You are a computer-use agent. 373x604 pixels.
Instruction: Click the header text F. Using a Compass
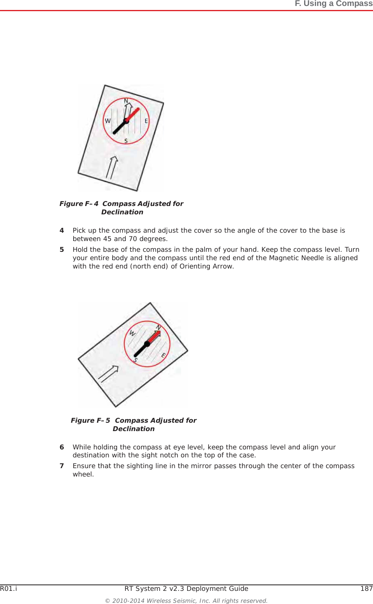click(333, 4)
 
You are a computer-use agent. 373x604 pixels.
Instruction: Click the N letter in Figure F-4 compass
click(126, 101)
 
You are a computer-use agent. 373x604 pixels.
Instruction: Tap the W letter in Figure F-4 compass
click(107, 121)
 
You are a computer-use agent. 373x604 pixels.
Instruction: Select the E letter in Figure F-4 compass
click(146, 121)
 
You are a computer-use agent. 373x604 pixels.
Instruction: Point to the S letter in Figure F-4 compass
click(126, 141)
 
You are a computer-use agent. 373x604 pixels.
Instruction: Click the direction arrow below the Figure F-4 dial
click(112, 167)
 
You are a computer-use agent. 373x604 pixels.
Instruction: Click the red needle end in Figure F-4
click(133, 114)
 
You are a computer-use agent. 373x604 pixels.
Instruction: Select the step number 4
click(62, 230)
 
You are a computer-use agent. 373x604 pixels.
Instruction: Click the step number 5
click(62, 249)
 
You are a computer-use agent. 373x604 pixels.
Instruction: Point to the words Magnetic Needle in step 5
click(293, 258)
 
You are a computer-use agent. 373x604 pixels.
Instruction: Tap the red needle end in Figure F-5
click(154, 337)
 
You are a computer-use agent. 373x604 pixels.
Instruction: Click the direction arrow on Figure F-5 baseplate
click(108, 374)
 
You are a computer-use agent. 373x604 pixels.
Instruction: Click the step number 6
click(62, 447)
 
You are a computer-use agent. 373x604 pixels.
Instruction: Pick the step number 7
click(62, 466)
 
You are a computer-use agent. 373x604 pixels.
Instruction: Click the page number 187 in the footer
click(366, 588)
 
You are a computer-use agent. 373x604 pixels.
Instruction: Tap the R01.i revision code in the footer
click(8, 588)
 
